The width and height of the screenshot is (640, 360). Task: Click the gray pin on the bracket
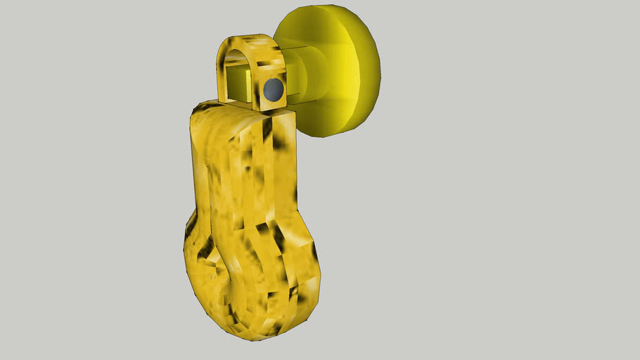(273, 89)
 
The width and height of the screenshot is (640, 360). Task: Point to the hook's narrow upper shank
(246, 169)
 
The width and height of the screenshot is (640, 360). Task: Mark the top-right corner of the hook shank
(291, 112)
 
